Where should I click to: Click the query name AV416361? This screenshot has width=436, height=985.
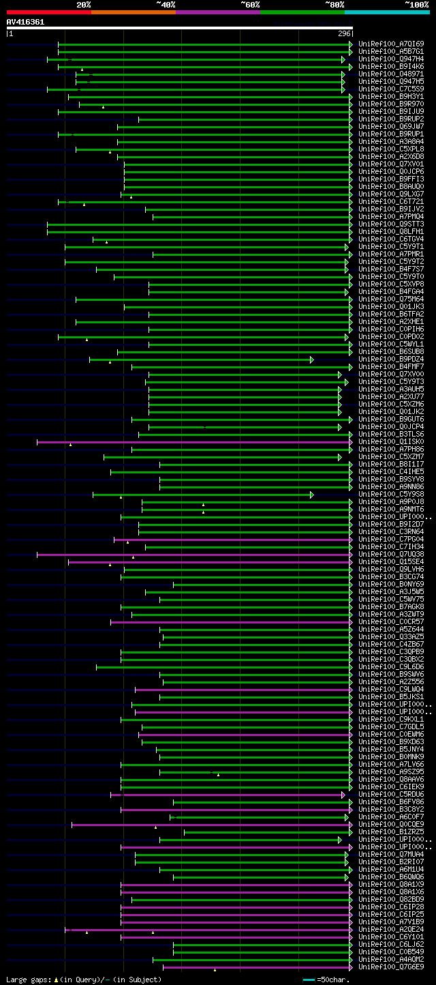25,22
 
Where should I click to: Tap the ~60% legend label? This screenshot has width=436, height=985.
250,4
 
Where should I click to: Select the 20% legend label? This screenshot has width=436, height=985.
84,4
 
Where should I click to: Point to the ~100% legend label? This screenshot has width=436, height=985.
417,4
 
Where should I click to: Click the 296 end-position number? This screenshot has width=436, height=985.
344,33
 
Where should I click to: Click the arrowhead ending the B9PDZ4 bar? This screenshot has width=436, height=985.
312,359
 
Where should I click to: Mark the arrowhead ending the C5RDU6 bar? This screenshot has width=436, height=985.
343,795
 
